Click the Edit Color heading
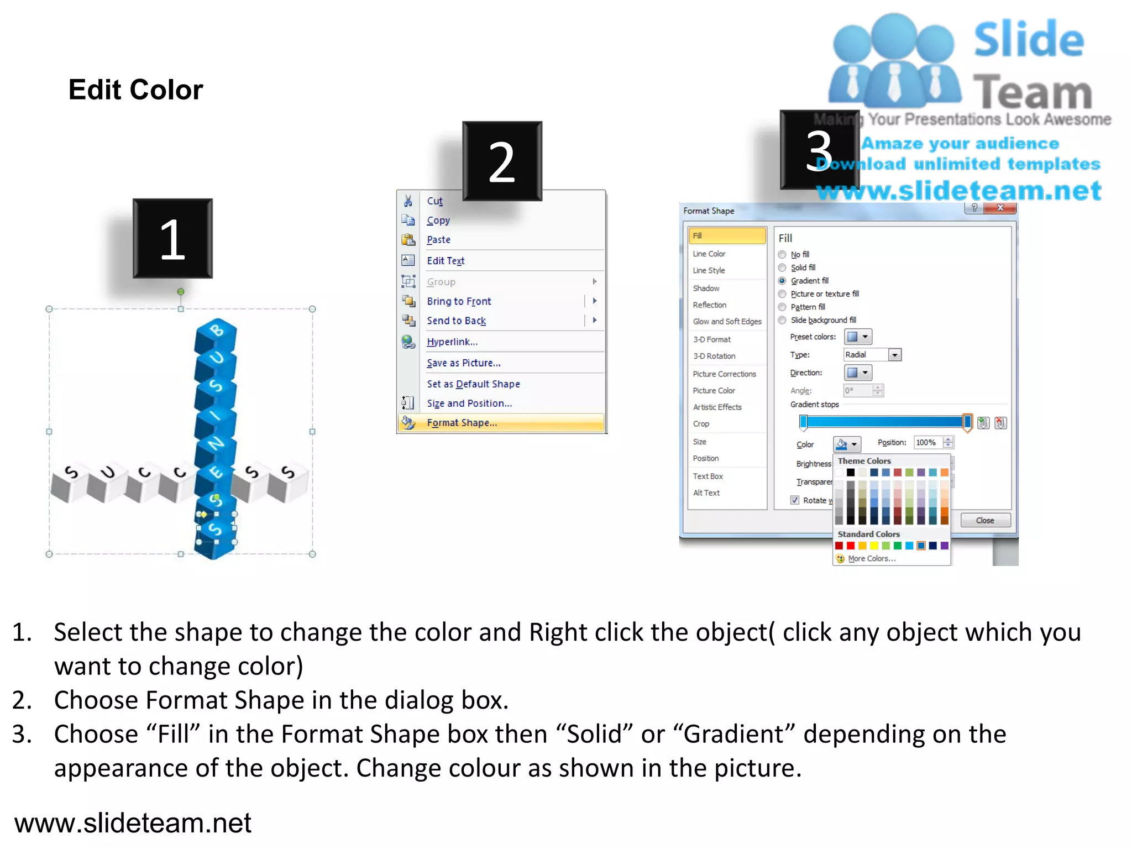[x=135, y=90]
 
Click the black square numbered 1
[x=172, y=238]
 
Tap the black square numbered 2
[x=502, y=161]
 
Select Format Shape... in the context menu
[x=462, y=423]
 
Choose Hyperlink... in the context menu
[x=452, y=342]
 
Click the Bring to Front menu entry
[x=458, y=301]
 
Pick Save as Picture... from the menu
[x=463, y=363]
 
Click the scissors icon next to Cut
[x=408, y=201]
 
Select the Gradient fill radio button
[x=782, y=281]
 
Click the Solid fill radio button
[x=782, y=268]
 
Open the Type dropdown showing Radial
[x=894, y=355]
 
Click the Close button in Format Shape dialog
[x=985, y=520]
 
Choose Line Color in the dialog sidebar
[x=709, y=254]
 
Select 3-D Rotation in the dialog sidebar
[x=714, y=356]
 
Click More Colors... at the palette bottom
[x=871, y=559]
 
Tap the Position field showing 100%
[x=927, y=442]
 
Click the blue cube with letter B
[x=216, y=332]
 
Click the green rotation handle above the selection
[x=181, y=291]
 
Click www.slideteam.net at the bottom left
[x=133, y=822]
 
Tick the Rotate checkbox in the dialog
[x=795, y=500]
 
